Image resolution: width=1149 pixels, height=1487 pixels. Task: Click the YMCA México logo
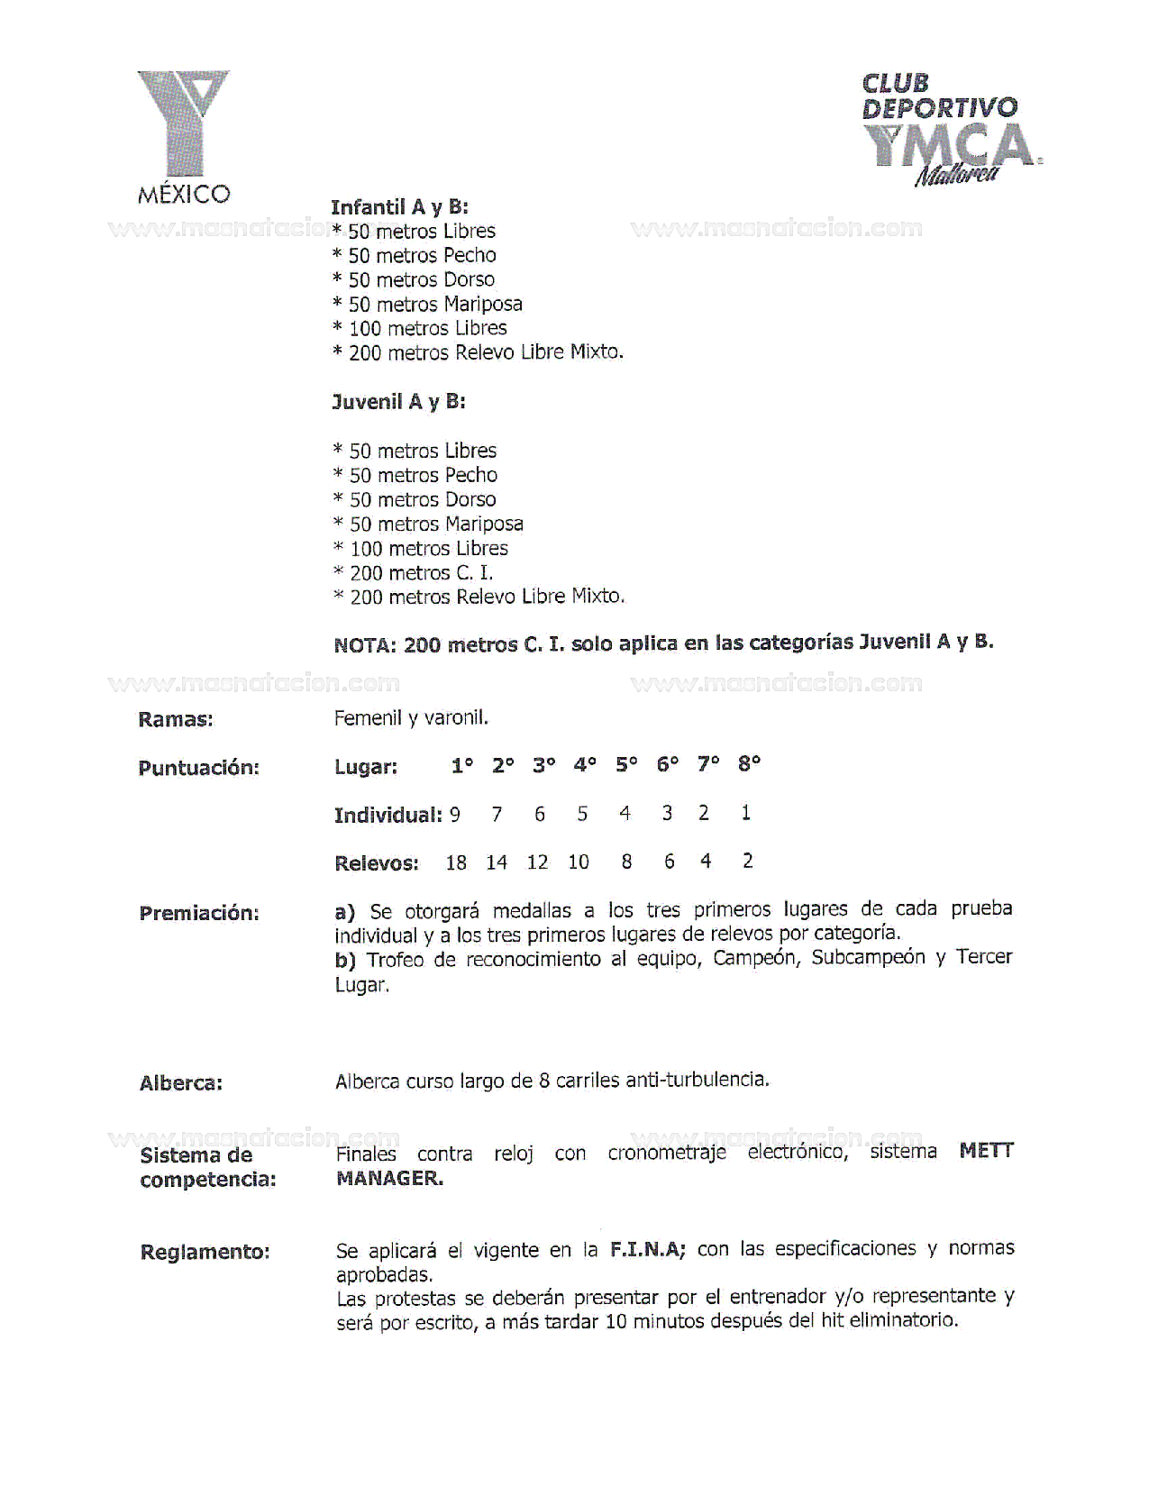[x=184, y=135]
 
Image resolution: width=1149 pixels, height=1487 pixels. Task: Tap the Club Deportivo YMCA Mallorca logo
[x=950, y=129]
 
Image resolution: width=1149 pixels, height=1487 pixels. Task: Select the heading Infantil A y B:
[x=399, y=207]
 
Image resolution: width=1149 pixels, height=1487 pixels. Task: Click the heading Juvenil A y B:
[x=398, y=402]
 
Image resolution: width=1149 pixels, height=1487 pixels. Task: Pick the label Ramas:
[x=176, y=719]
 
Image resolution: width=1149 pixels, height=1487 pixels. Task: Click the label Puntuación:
[x=198, y=768]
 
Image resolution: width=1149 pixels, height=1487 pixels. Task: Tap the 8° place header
[x=749, y=764]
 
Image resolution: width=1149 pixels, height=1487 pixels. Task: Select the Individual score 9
[x=455, y=815]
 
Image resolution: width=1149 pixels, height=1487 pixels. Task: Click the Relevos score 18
[x=456, y=863]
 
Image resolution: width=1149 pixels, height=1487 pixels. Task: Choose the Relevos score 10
[x=579, y=862]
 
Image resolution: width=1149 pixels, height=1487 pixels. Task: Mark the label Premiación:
[x=198, y=913]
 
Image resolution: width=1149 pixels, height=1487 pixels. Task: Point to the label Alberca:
[x=180, y=1083]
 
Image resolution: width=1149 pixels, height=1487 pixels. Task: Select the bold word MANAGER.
[x=389, y=1178]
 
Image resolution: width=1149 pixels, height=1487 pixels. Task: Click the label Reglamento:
[x=205, y=1252]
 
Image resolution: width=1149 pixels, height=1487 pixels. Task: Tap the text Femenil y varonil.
[x=411, y=718]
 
